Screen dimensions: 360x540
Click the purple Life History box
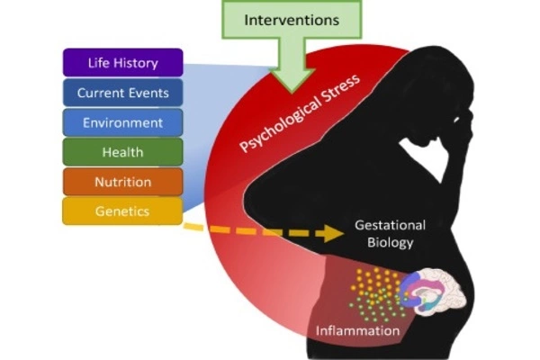point(122,63)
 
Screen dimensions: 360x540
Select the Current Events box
point(122,93)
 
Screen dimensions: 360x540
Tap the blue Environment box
point(122,122)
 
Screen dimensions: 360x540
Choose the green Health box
point(122,152)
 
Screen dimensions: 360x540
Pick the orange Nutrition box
point(122,182)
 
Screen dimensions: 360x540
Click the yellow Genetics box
point(122,211)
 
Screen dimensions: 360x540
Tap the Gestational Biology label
point(389,233)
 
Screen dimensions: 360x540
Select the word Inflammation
point(357,331)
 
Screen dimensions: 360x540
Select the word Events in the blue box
point(147,93)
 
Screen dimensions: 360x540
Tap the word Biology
point(389,242)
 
